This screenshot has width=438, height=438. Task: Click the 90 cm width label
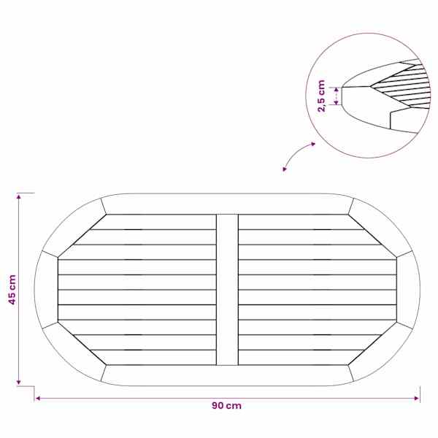coord(226,406)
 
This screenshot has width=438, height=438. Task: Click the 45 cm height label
coord(12,289)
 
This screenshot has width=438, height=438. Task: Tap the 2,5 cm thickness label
coord(322,96)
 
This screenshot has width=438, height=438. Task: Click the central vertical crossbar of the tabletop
coord(227,290)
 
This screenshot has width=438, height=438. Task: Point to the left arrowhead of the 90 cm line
coord(38,399)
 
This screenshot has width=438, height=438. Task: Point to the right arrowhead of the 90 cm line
coord(417,399)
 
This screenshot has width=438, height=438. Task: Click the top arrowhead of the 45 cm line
coord(19,196)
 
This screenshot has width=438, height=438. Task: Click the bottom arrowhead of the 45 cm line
coord(19,382)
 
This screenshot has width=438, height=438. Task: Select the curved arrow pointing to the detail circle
coord(296,153)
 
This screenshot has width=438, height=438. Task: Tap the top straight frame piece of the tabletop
coord(227,204)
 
